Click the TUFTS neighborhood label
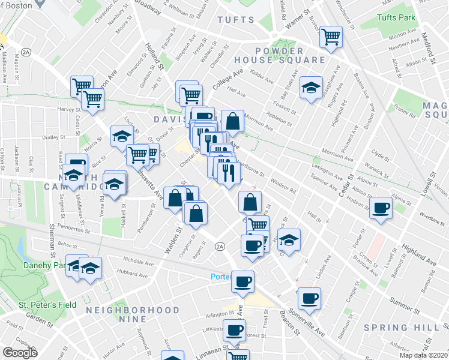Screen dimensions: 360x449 coord(236,20)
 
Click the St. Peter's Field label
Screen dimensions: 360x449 coord(47,305)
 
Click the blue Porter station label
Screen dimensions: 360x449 coord(220,277)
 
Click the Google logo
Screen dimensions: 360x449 coord(20,353)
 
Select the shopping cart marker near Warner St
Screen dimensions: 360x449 coord(331,37)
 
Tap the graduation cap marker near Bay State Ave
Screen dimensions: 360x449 coord(311,88)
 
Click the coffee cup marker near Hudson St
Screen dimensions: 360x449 coord(381,208)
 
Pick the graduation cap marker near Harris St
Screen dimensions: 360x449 coord(289,239)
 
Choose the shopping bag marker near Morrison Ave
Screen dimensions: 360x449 coord(232,121)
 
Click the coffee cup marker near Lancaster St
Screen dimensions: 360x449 coord(234,329)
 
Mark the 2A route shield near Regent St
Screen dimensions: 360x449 coord(220,247)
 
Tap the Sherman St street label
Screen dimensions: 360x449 coord(53,234)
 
